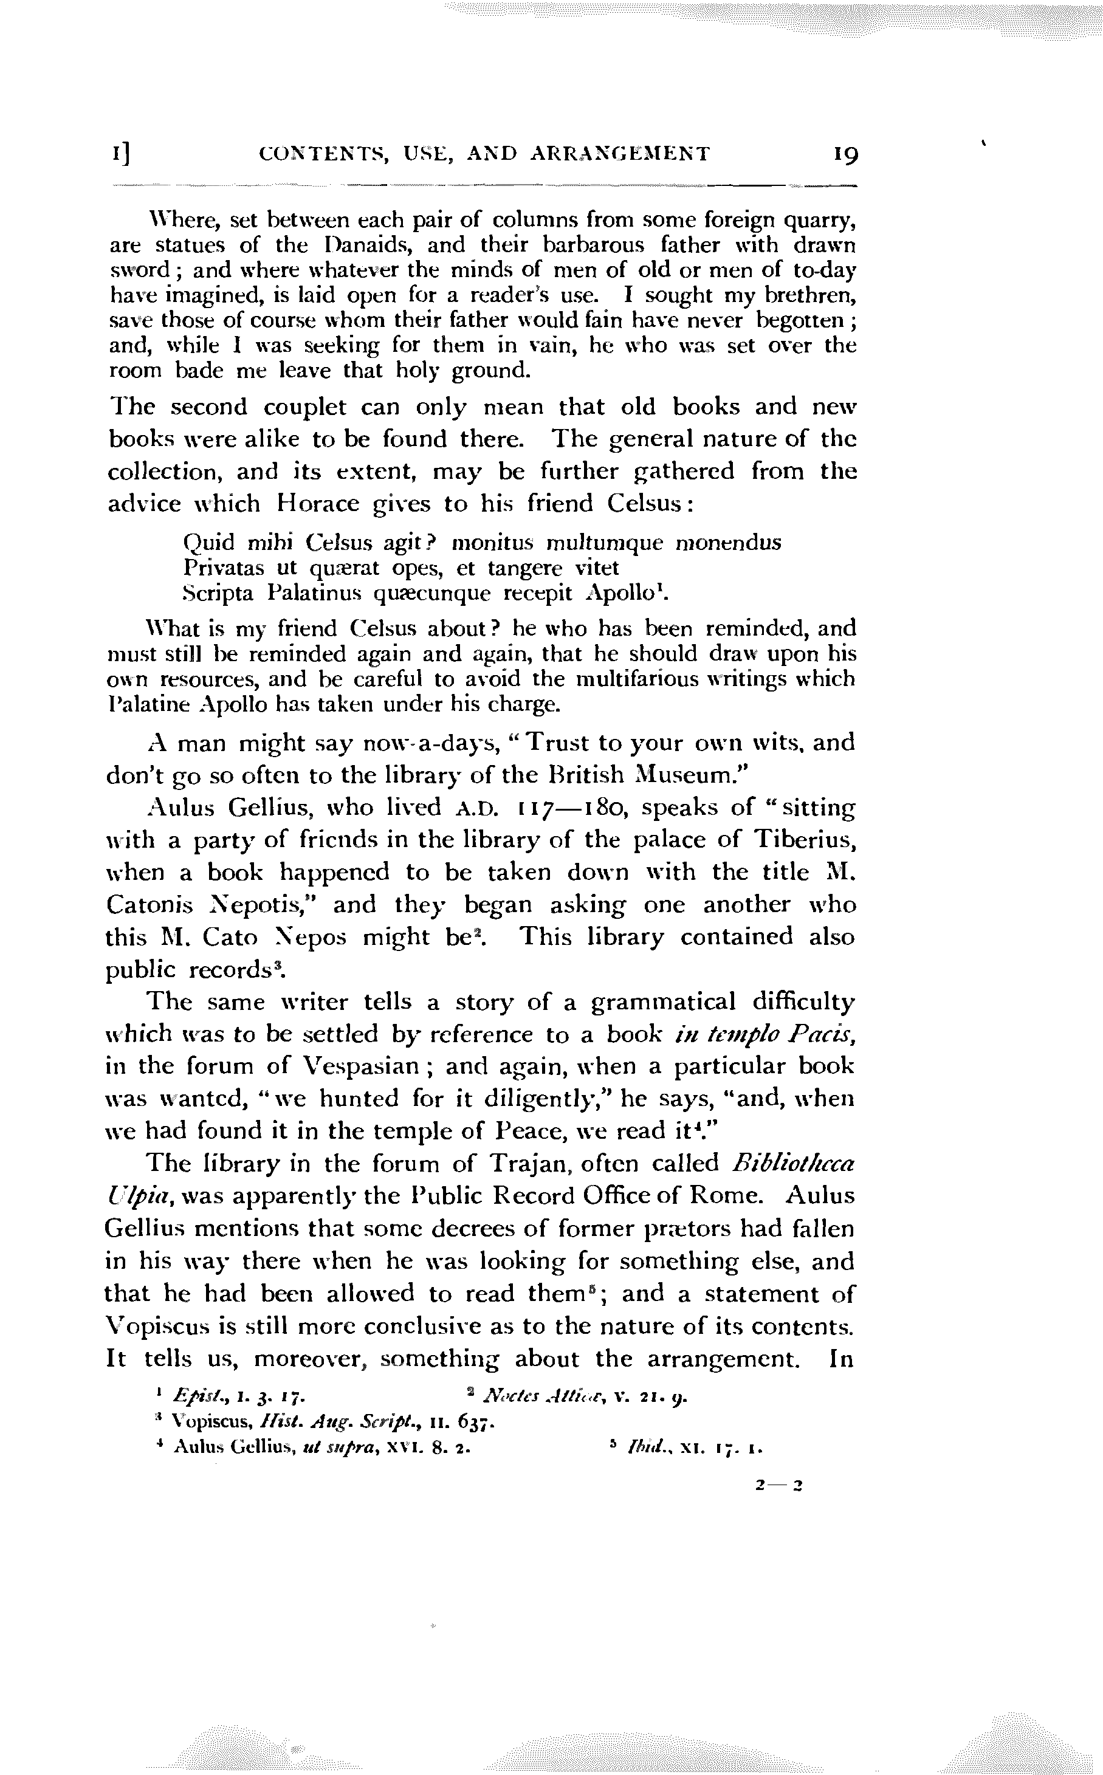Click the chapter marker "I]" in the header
coord(121,154)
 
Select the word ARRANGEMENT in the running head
coord(619,154)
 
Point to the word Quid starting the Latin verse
coord(207,543)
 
